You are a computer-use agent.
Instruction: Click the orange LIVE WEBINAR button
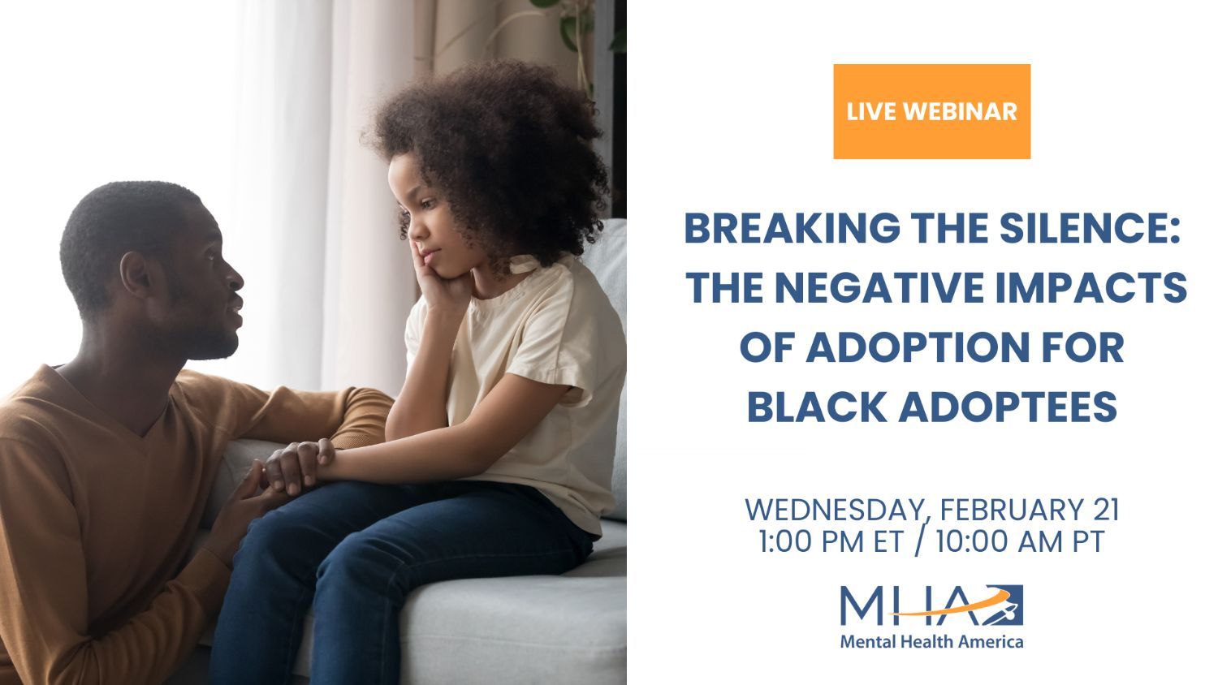click(x=931, y=111)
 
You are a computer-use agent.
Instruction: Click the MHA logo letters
click(x=931, y=605)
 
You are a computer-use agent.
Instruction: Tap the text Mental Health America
click(x=931, y=642)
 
